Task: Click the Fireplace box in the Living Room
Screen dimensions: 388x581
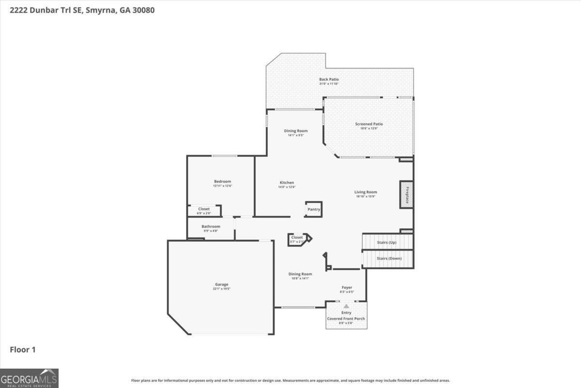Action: pos(406,194)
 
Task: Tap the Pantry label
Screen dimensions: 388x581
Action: pos(314,210)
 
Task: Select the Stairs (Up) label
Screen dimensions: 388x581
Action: pos(386,242)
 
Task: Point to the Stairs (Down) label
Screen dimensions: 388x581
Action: pos(389,259)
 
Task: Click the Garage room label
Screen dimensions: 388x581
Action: pos(222,285)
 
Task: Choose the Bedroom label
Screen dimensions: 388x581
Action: pos(222,181)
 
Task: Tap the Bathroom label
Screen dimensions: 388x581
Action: pos(211,226)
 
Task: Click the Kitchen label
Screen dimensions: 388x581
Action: pos(287,183)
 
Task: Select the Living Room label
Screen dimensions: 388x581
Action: pos(366,192)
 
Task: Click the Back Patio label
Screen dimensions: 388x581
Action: pos(329,80)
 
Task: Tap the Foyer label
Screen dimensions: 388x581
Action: pos(347,288)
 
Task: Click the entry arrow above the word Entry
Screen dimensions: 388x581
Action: pos(346,307)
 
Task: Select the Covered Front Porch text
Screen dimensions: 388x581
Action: pos(346,319)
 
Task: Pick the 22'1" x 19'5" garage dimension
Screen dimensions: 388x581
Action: pos(222,289)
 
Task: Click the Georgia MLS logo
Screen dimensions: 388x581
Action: pos(29,378)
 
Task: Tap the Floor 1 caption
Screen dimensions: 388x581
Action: pos(23,349)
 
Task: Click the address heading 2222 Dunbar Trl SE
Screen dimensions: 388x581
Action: pos(46,10)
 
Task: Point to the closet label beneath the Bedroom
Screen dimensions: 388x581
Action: pos(204,209)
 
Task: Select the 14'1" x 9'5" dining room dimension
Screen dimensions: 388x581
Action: pos(295,135)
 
